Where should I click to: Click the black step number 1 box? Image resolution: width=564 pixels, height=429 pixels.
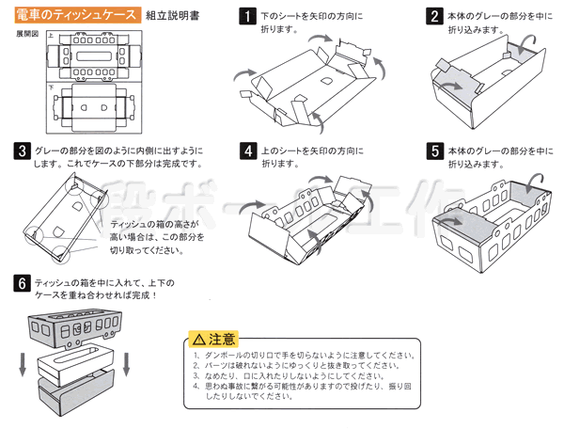[x=246, y=16]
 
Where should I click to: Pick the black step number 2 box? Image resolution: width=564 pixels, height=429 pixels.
[x=434, y=16]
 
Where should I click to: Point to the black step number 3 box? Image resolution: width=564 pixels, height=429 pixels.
[x=21, y=151]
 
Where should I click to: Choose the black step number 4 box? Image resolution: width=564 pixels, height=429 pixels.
[x=246, y=151]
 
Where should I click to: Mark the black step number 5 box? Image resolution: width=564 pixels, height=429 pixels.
[x=434, y=151]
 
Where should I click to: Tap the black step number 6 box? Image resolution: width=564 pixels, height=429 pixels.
[x=21, y=282]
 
